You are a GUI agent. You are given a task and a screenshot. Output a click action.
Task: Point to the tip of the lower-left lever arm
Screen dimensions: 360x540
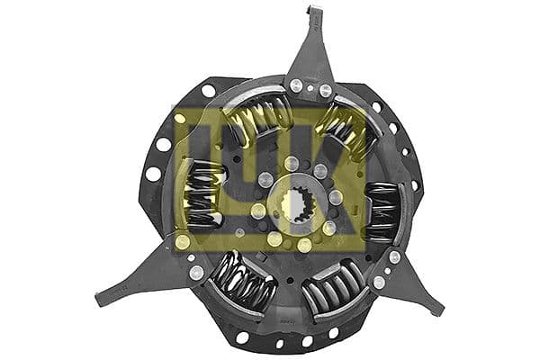click(101, 297)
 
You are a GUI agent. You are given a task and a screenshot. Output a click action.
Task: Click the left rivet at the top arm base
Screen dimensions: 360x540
click(294, 85)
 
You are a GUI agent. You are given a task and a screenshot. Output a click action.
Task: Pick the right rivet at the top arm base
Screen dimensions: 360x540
click(327, 90)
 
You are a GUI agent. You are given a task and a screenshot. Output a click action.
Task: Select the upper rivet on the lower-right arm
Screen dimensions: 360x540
click(394, 257)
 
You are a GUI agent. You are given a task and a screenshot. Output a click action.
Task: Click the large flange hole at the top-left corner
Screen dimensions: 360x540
click(208, 90)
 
